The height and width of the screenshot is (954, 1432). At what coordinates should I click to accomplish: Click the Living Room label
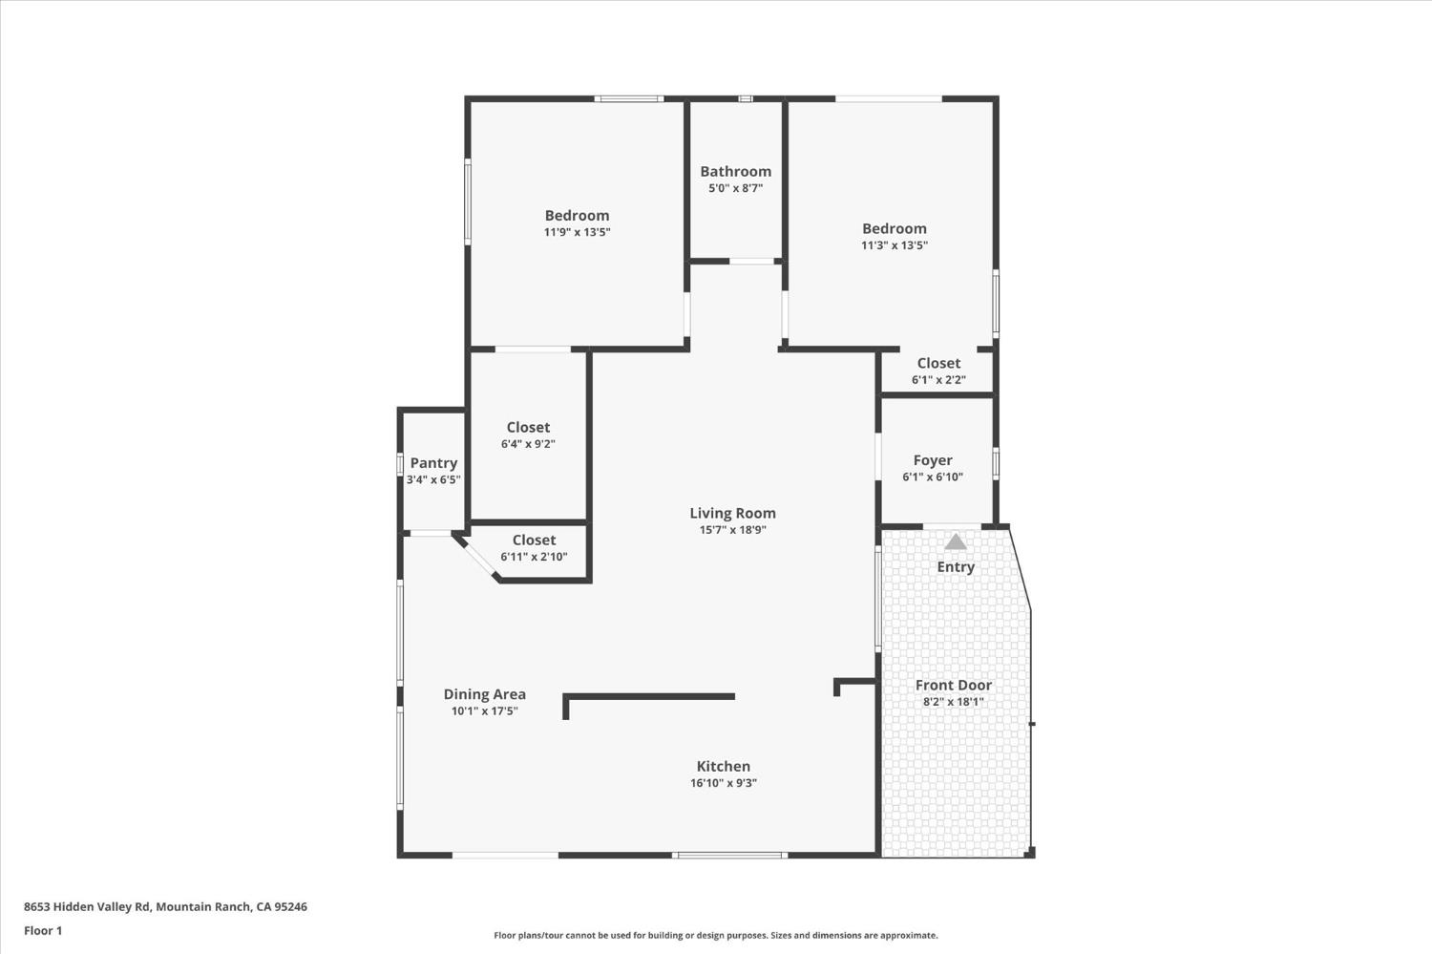[x=732, y=513]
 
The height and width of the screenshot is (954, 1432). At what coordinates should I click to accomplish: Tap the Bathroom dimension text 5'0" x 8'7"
[x=735, y=188]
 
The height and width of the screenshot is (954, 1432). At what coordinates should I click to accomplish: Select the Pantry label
[x=433, y=462]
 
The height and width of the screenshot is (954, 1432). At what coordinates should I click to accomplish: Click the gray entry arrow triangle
[x=956, y=542]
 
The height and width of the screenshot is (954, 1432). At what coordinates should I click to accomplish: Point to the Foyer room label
[x=933, y=460]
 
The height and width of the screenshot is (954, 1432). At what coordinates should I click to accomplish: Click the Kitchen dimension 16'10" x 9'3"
[x=724, y=783]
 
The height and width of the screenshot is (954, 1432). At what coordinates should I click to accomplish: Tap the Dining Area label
[x=484, y=694]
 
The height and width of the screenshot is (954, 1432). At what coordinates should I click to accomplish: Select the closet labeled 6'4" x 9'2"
[x=528, y=427]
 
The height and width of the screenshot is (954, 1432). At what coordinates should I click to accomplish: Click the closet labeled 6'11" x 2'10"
[x=534, y=540]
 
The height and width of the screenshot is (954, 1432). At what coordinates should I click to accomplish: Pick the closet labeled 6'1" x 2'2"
[x=938, y=363]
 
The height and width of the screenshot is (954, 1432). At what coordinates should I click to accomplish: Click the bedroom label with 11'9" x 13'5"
[x=577, y=216]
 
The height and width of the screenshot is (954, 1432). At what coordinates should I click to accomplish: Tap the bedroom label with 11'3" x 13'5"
[x=894, y=228]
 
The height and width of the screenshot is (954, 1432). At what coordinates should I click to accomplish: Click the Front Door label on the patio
[x=953, y=685]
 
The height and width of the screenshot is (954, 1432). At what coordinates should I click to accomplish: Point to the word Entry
[x=956, y=566]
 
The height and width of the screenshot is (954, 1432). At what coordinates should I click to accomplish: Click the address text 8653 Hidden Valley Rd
[x=165, y=906]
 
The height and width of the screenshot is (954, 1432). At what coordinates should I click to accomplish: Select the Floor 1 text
[x=43, y=930]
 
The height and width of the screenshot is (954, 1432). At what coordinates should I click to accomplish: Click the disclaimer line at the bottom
[x=715, y=936]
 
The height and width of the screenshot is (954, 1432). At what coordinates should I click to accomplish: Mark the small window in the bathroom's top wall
[x=746, y=98]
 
